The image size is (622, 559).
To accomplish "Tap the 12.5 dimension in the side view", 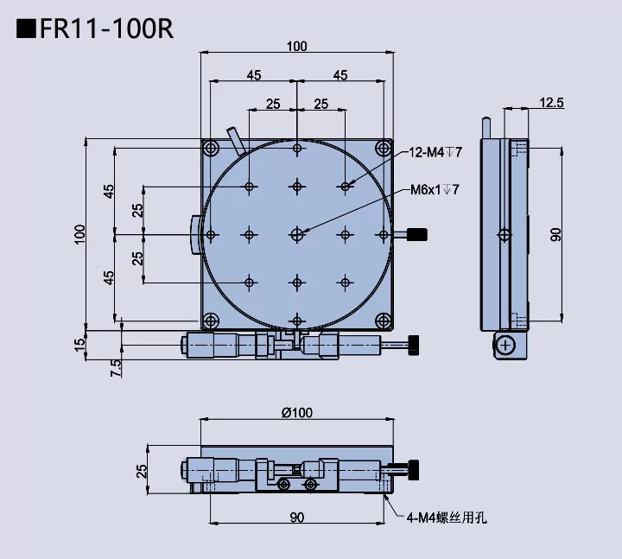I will point(551,103).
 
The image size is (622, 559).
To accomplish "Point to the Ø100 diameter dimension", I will point(296,412).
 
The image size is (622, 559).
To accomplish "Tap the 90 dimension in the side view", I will point(556,234).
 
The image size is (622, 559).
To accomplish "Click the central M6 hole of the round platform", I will point(297,234).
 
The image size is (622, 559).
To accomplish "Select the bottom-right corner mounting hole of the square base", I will point(382,321).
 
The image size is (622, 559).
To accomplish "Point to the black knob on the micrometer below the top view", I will point(415,346).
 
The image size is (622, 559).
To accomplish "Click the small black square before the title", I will point(25,29).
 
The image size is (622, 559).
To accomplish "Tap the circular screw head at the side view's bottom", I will point(506,346).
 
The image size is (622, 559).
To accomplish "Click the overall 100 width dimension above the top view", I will point(296,47).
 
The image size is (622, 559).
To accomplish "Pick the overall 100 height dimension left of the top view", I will point(80,234).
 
